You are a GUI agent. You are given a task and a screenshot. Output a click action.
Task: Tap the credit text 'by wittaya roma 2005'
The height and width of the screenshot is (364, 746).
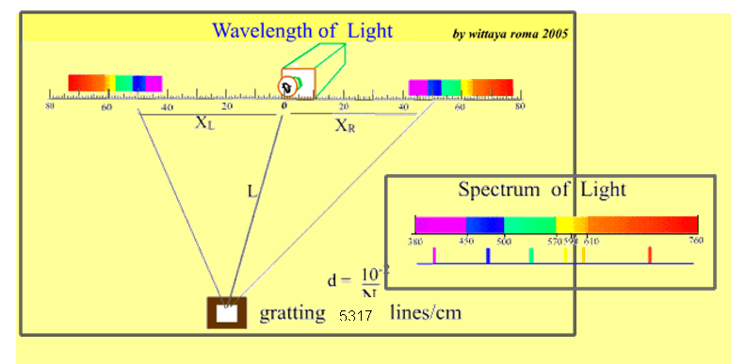point(510,33)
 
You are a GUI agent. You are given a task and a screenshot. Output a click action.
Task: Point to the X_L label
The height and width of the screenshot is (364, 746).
point(204,123)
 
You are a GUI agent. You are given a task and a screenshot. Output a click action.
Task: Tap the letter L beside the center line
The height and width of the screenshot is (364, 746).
point(251,191)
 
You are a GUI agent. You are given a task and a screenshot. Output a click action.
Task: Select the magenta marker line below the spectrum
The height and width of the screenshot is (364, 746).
point(433,254)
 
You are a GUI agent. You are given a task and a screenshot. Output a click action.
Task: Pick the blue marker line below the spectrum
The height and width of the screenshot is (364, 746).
point(488,255)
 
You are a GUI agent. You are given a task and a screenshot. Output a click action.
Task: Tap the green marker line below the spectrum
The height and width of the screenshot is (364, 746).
point(531,254)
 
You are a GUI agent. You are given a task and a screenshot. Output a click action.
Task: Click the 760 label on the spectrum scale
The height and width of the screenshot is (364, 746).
point(696,240)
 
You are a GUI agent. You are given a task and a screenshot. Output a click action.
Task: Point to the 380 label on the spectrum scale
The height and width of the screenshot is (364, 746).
point(414,240)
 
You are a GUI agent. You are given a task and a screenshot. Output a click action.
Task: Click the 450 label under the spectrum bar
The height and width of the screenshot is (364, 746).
point(465,240)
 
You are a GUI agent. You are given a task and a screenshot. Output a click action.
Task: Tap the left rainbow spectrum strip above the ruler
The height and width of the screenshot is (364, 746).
point(115,83)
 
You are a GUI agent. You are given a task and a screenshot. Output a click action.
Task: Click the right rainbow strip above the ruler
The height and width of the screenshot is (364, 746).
point(461,87)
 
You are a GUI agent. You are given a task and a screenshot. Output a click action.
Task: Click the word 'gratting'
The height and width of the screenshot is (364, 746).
point(293,313)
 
